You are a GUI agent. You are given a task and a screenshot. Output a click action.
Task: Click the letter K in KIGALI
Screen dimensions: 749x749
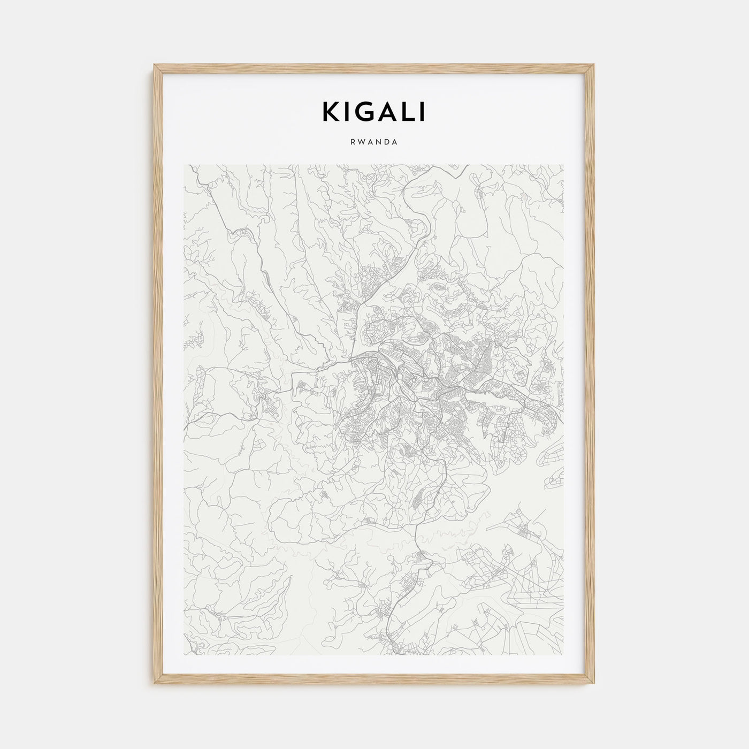pyautogui.click(x=332, y=112)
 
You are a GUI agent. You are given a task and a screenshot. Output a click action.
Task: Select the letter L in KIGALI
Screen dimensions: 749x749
pyautogui.click(x=407, y=112)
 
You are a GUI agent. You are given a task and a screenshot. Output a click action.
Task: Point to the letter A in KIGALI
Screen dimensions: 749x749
pyautogui.click(x=387, y=112)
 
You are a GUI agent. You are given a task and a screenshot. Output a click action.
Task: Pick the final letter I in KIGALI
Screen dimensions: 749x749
pyautogui.click(x=422, y=112)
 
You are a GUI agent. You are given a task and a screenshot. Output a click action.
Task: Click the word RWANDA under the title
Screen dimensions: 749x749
pyautogui.click(x=374, y=142)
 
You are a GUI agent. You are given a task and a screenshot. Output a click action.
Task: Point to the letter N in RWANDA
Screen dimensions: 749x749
pyautogui.click(x=379, y=142)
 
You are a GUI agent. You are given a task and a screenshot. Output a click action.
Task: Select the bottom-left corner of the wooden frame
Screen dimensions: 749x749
pyautogui.click(x=155, y=685)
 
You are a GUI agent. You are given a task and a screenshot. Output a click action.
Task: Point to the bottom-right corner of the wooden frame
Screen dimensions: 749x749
pyautogui.click(x=594, y=685)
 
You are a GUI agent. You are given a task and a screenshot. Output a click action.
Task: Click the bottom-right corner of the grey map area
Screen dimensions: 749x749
pyautogui.click(x=563, y=655)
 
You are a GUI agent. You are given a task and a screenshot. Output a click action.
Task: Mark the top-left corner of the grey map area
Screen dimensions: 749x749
pyautogui.click(x=184, y=165)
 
